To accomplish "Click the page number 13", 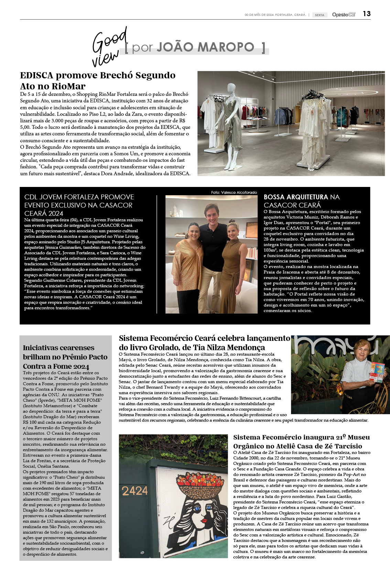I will coord(367,14).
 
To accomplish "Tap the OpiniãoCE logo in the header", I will coord(344,14).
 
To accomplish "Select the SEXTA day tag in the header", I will coord(319,15).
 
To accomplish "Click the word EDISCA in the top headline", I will coord(36,75).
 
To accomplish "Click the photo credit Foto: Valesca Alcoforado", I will coord(234,192).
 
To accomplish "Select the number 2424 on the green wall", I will coord(134,491).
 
